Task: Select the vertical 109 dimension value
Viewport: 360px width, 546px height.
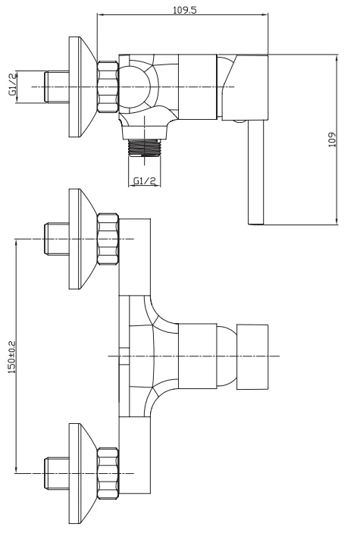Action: [332, 140]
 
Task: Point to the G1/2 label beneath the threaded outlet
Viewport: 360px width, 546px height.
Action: [144, 180]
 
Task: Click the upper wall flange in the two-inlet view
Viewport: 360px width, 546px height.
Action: [81, 239]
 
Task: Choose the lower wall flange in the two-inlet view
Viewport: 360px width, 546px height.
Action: [81, 473]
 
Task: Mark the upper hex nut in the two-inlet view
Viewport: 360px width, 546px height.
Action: [108, 239]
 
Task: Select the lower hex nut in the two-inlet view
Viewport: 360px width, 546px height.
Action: [108, 473]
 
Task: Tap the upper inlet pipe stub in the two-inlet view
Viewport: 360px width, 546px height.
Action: [57, 239]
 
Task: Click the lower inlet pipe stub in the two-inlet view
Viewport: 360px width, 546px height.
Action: [57, 473]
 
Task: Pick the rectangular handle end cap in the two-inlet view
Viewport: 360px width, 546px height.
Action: [252, 356]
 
